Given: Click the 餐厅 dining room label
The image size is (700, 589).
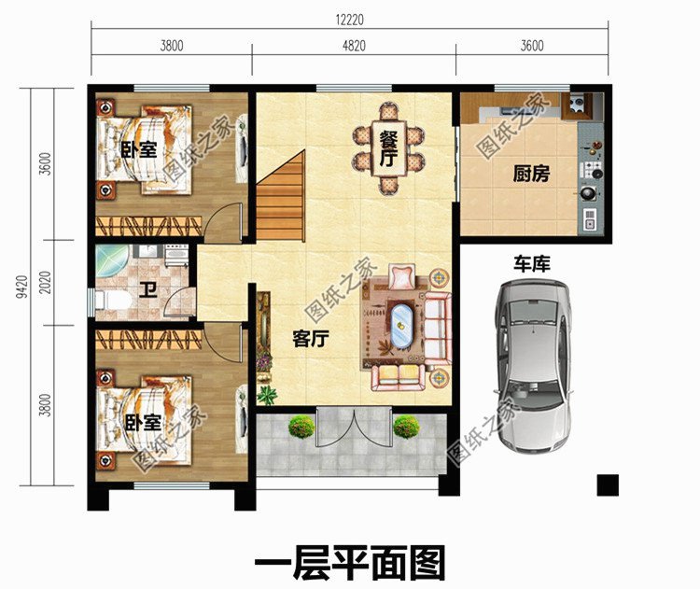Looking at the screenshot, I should pyautogui.click(x=388, y=147).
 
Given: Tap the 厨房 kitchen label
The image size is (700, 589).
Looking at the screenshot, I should pyautogui.click(x=528, y=173).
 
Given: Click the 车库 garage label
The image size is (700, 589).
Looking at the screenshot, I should pyautogui.click(x=529, y=264).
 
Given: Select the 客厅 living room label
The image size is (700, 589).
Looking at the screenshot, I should pyautogui.click(x=310, y=339).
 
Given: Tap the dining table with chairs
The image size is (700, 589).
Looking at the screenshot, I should pyautogui.click(x=388, y=147).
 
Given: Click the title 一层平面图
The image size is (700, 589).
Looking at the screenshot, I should pyautogui.click(x=350, y=562).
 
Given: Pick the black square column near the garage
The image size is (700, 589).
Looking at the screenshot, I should pyautogui.click(x=608, y=484).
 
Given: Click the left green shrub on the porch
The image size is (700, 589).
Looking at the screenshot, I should pyautogui.click(x=301, y=428).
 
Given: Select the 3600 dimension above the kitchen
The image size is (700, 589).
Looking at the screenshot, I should pyautogui.click(x=532, y=44).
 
